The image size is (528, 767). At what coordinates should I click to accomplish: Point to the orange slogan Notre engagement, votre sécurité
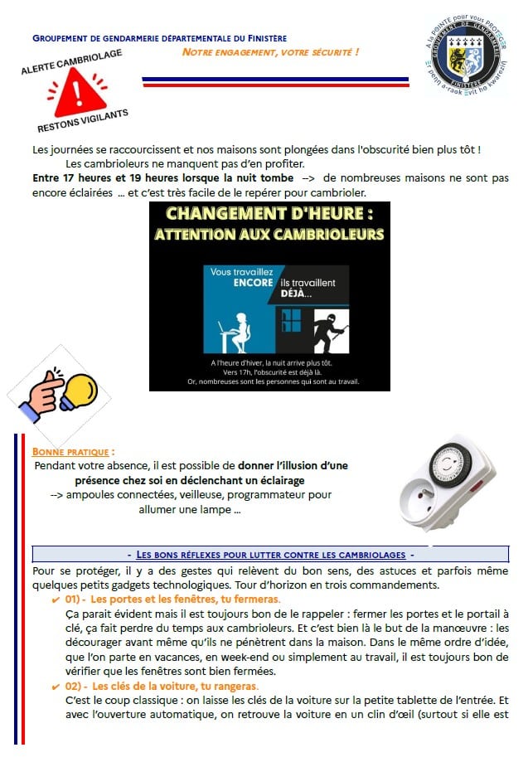pyautogui.click(x=271, y=52)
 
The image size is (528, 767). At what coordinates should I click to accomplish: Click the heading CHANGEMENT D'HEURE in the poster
pyautogui.click(x=269, y=215)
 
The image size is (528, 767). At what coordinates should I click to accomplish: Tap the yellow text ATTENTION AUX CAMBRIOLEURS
pyautogui.click(x=269, y=235)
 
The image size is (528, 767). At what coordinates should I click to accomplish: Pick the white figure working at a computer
pyautogui.click(x=235, y=330)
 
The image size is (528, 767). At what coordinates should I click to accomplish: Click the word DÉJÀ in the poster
pyautogui.click(x=294, y=294)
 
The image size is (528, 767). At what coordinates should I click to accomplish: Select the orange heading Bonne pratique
pyautogui.click(x=72, y=452)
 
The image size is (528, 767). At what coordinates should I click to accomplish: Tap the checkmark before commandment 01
pyautogui.click(x=56, y=599)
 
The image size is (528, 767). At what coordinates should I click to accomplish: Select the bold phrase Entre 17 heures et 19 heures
pyautogui.click(x=163, y=178)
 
